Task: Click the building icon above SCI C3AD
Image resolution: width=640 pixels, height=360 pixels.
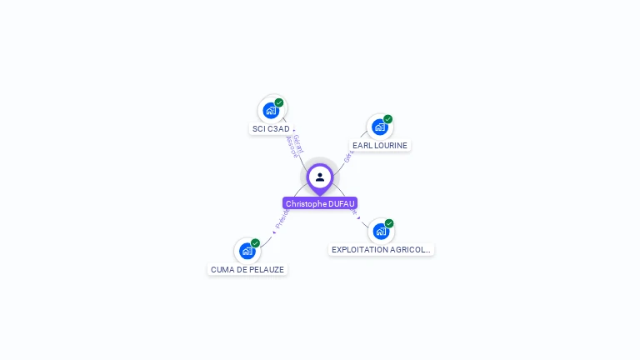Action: pos(270,110)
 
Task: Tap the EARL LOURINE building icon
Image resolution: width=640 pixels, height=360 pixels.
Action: pos(379,127)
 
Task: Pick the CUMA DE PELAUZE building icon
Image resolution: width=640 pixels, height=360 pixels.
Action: pos(247,251)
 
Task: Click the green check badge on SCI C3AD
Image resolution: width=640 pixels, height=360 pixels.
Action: pos(279,102)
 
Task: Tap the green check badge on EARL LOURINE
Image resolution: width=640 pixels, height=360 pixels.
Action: pos(388,119)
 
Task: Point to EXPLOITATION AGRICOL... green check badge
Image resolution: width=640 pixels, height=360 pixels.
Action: pos(389,223)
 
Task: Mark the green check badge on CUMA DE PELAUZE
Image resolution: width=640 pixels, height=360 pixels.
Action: pos(256,243)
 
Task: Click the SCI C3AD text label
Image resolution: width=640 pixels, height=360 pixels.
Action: pos(271,129)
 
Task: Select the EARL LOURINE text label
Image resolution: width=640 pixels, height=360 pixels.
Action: pos(380,145)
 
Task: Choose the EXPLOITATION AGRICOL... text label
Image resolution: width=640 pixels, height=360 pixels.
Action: pos(381,249)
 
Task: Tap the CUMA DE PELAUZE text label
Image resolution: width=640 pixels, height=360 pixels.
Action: pos(247,270)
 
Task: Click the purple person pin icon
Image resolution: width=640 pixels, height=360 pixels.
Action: pos(320,177)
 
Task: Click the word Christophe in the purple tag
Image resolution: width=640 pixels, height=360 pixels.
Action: pos(305,203)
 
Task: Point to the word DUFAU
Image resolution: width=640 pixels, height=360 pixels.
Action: pos(342,203)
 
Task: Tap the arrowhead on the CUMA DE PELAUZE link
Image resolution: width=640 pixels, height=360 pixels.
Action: pos(273,229)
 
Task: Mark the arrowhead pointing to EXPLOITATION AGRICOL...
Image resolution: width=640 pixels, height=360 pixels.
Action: pos(358,217)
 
